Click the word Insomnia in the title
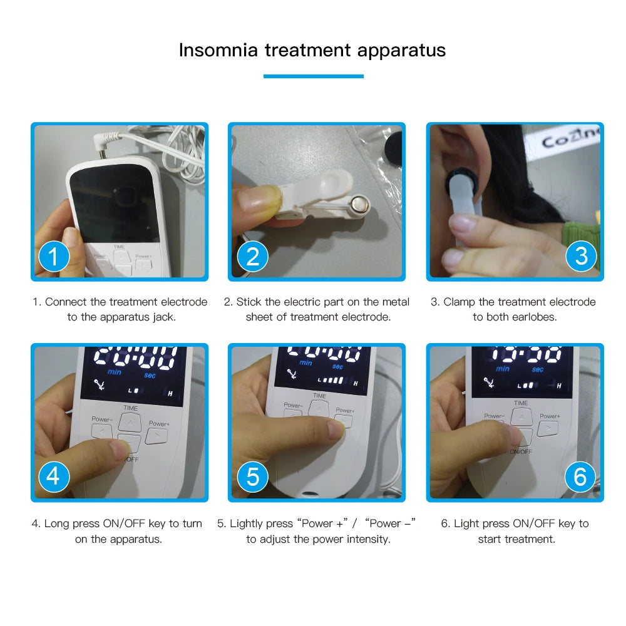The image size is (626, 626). coord(218,50)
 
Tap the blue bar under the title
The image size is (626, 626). coord(313,76)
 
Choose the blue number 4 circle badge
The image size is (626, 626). coord(54,477)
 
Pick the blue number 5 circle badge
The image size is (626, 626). coord(252,477)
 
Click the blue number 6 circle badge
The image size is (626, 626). coord(580,477)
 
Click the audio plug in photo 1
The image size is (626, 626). coord(103,145)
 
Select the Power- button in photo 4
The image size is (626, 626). coord(101,431)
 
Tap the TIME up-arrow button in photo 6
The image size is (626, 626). coord(521,417)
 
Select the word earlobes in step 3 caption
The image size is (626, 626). coord(534,317)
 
